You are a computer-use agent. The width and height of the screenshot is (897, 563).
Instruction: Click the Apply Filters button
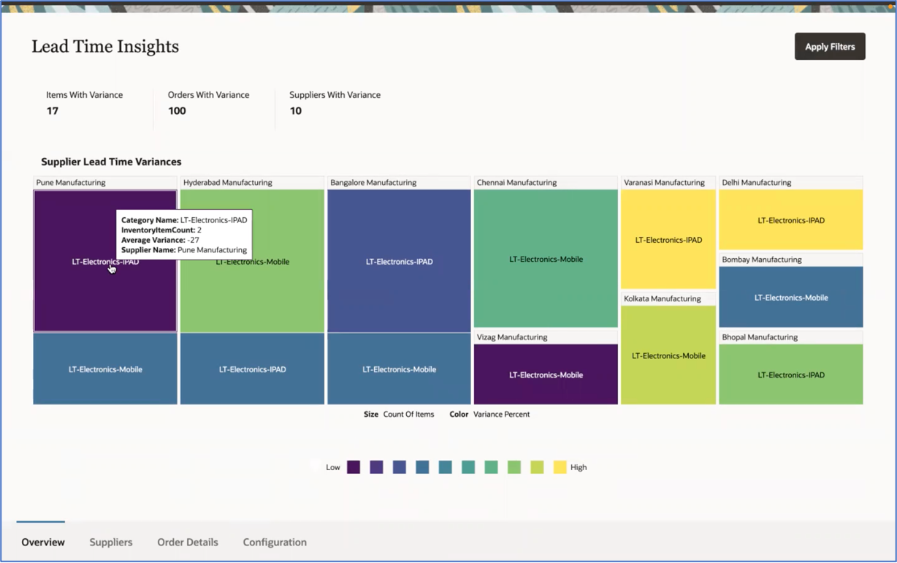click(830, 47)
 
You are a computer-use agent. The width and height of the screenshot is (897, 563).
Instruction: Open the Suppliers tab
click(111, 542)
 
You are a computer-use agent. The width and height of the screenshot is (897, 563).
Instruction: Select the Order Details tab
click(188, 542)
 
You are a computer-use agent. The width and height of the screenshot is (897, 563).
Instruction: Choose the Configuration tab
click(275, 542)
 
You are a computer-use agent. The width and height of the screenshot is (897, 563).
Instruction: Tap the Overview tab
click(43, 542)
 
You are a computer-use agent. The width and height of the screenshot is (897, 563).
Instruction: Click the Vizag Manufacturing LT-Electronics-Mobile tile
click(546, 374)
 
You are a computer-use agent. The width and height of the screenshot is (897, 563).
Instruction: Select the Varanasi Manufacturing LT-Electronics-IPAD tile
click(668, 240)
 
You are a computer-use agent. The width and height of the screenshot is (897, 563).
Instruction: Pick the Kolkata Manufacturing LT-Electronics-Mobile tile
click(668, 355)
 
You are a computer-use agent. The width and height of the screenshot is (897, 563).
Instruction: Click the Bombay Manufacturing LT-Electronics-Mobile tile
click(791, 298)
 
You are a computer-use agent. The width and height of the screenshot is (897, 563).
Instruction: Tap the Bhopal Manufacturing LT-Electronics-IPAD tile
click(791, 374)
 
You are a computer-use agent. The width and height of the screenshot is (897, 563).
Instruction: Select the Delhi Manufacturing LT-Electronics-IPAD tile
click(791, 220)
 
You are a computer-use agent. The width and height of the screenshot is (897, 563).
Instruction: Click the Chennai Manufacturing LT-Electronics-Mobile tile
click(546, 259)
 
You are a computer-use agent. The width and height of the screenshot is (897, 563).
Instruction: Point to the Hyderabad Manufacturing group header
click(228, 183)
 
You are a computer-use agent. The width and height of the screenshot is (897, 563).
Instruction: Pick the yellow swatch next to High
click(560, 467)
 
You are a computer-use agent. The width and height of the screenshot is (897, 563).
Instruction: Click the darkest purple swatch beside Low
click(354, 467)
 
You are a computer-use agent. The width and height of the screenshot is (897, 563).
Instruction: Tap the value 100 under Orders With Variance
click(177, 111)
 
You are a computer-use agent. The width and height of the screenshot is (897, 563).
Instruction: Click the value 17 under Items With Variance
click(53, 111)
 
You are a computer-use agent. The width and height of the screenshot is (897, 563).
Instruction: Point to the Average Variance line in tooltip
click(160, 240)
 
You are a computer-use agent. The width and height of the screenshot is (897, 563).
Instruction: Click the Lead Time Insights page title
click(105, 47)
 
